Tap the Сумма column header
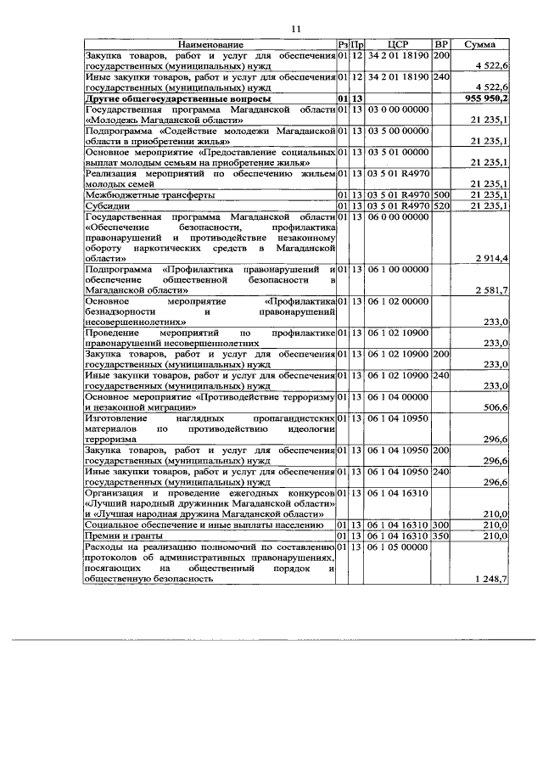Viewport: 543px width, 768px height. (481, 44)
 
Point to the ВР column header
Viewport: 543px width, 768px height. (441, 44)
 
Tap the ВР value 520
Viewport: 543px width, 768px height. (441, 205)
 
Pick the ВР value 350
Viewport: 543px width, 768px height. (441, 536)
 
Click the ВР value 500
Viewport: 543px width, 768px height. (441, 194)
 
